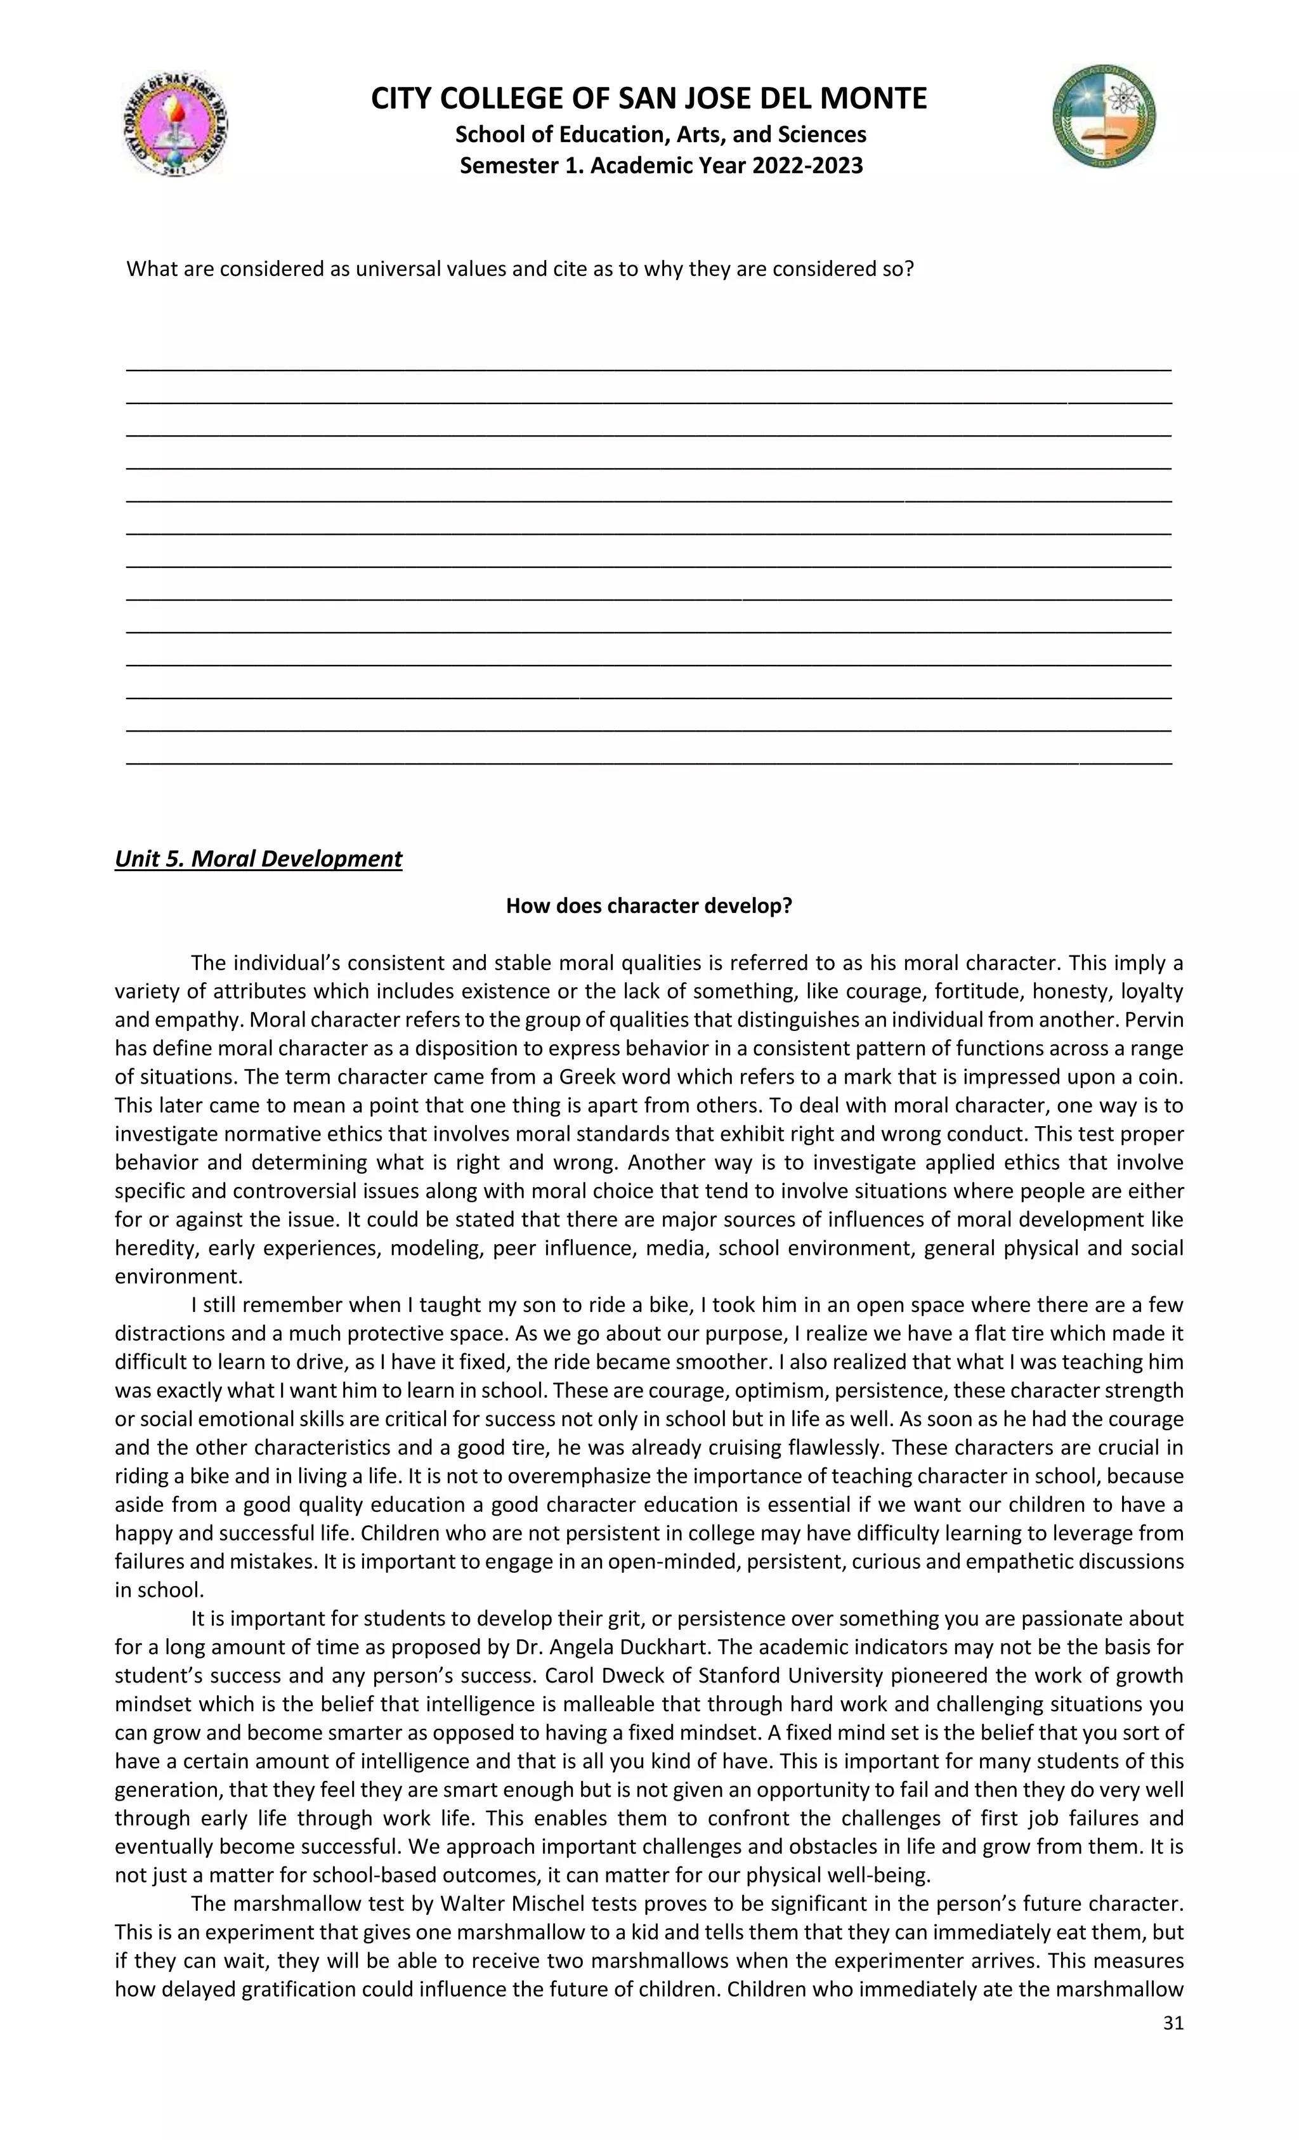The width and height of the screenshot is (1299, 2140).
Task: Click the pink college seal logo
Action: coord(176,123)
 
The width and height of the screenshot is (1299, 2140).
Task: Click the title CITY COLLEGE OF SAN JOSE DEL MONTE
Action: coord(649,98)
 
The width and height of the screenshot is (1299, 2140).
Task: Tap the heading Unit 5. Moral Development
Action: coord(258,859)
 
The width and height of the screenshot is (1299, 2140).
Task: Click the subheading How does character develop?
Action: coord(649,906)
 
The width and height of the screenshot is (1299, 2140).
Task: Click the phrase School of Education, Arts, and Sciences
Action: coord(661,135)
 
